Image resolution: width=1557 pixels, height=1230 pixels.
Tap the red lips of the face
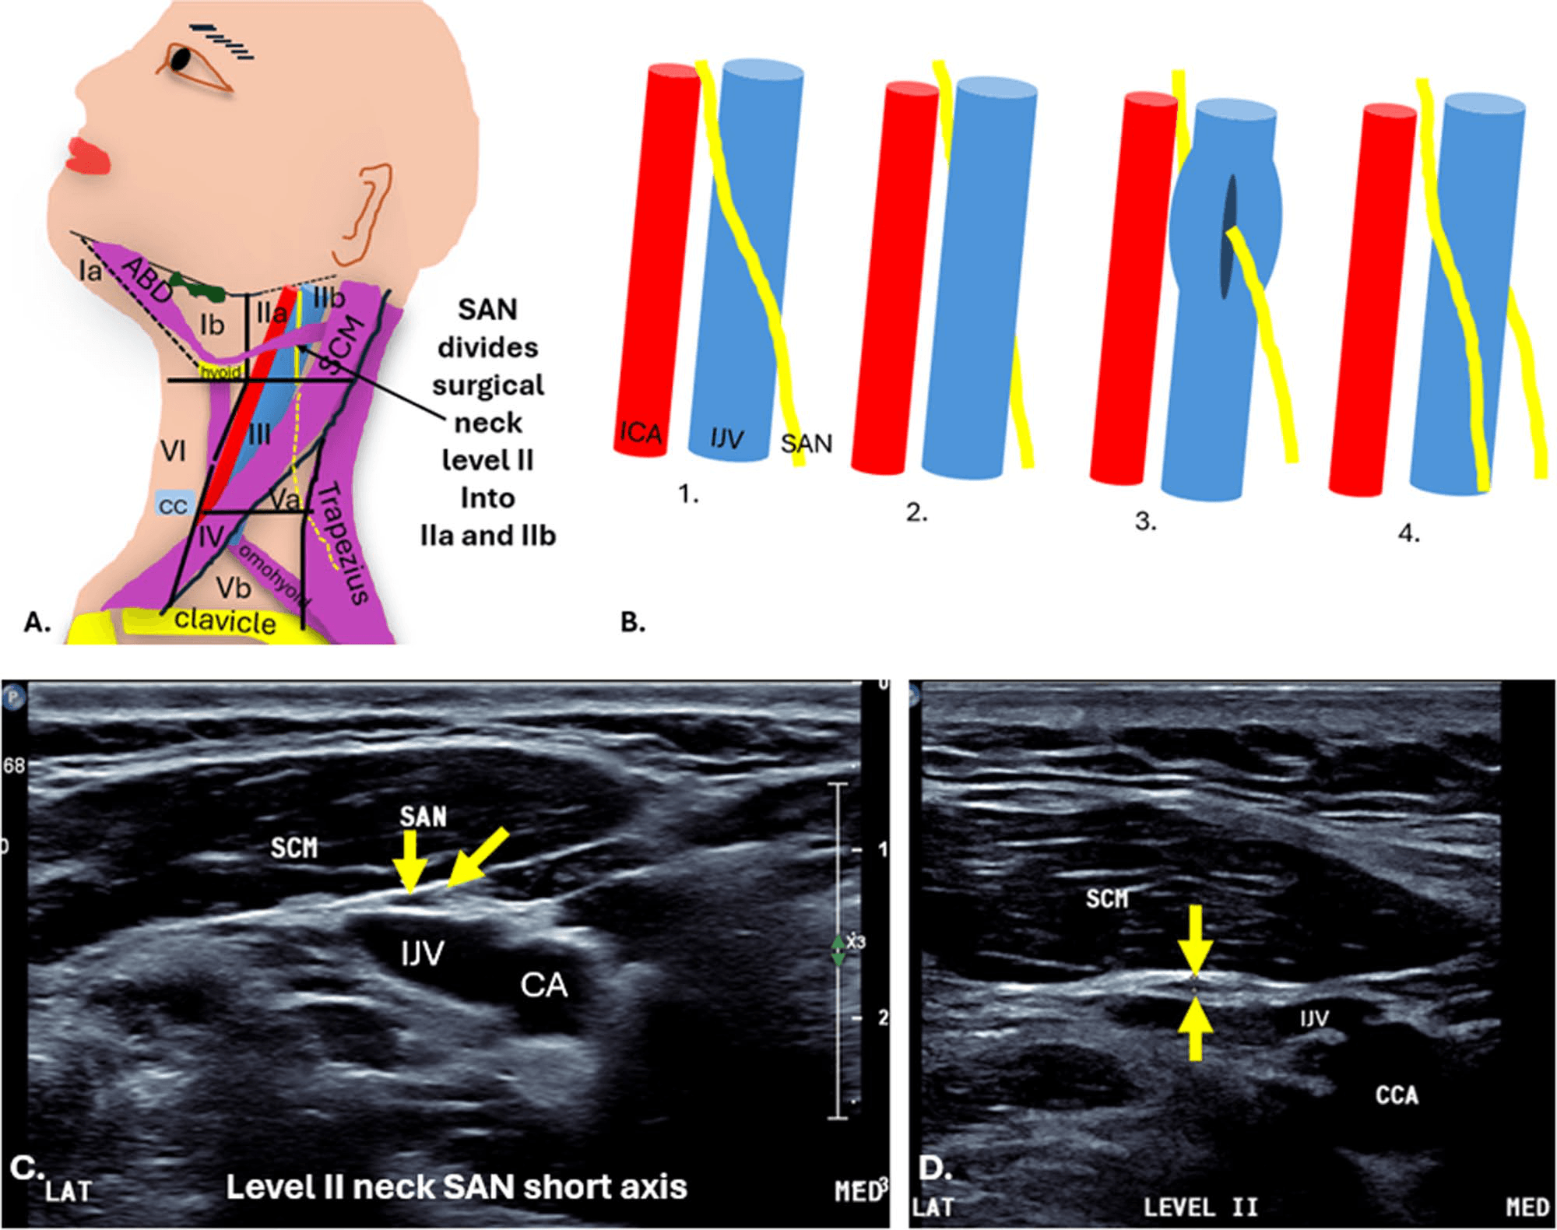88,154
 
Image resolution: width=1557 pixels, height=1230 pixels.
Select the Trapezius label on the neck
343,542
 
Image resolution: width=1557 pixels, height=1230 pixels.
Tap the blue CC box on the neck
172,505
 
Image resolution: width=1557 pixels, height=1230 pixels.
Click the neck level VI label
173,450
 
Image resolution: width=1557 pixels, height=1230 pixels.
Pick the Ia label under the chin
90,271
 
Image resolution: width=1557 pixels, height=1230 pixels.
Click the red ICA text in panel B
641,432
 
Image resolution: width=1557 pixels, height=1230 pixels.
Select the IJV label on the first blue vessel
726,439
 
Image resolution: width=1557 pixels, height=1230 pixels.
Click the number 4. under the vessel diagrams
1409,533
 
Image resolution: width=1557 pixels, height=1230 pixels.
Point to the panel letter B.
633,623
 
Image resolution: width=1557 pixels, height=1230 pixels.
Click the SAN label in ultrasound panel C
423,817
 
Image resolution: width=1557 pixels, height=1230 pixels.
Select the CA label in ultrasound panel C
544,986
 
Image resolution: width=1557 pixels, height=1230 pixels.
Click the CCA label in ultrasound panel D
1397,1095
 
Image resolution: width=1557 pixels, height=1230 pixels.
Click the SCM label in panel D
1106,899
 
